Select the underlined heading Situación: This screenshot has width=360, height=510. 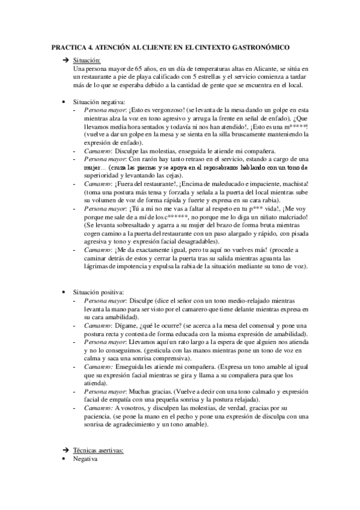click(x=87, y=61)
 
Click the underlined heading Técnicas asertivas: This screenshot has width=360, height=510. click(x=98, y=450)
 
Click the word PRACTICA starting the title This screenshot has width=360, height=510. click(x=68, y=46)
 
